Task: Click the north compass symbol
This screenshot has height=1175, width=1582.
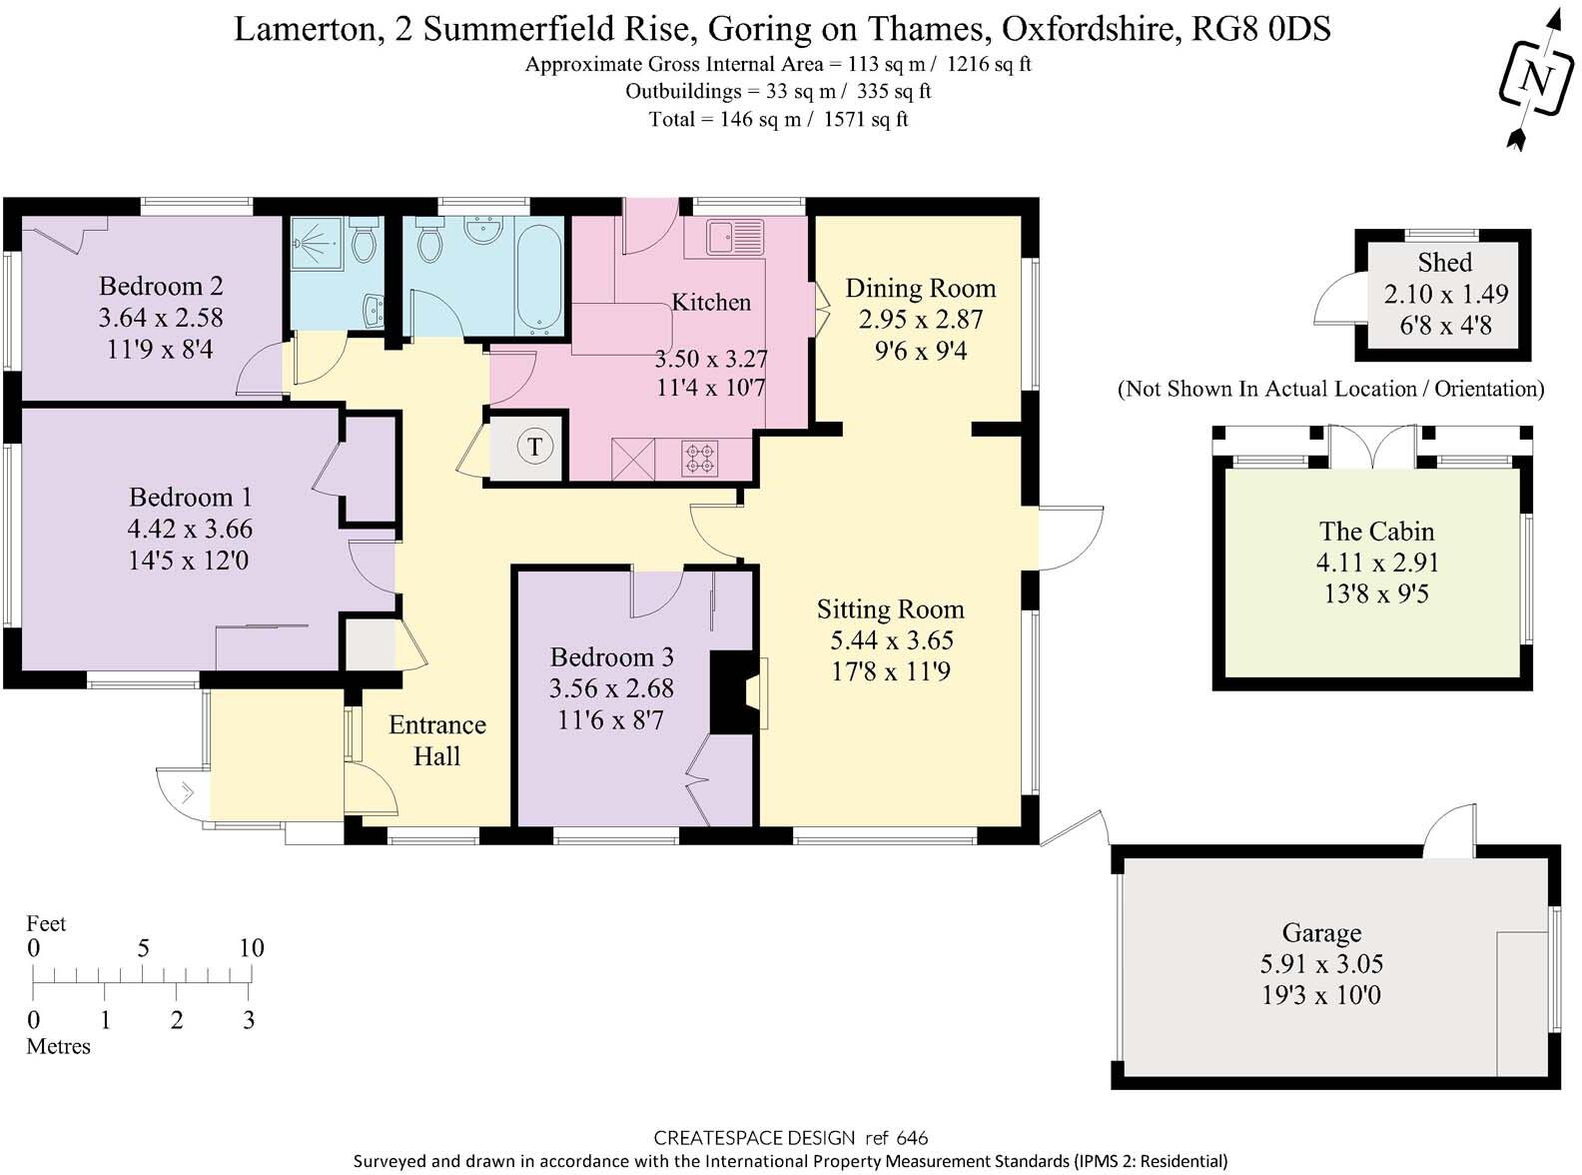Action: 1537,80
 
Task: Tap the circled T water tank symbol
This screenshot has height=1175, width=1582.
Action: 534,447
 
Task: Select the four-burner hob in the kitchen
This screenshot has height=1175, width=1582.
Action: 699,459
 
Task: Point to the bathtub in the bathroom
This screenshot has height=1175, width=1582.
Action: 539,276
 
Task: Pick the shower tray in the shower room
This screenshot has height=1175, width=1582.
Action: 319,244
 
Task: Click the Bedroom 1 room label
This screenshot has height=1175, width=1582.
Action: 191,497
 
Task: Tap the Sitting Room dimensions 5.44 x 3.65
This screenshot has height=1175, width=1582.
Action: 892,640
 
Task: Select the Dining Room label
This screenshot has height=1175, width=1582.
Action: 921,289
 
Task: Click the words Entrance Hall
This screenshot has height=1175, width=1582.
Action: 437,740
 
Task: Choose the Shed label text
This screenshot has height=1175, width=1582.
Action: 1445,263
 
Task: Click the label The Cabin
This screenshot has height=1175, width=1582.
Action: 1376,532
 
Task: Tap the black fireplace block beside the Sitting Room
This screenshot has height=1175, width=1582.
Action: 732,691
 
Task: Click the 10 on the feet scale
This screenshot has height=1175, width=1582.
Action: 251,948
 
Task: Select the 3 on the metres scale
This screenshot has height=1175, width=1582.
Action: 249,1020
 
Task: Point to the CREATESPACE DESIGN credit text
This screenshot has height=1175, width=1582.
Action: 754,1138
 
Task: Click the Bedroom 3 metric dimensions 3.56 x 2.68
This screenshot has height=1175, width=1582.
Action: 611,688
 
